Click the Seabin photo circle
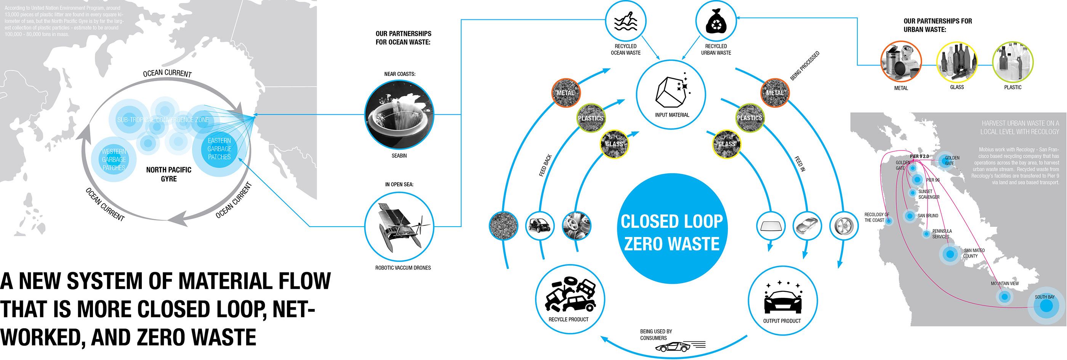399,115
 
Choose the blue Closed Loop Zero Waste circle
672,229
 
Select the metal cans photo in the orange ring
901,61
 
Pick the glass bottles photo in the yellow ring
957,62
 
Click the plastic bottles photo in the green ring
1013,62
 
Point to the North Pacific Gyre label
168,174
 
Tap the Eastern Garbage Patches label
219,149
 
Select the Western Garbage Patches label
114,160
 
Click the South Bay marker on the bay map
1046,306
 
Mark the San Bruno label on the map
928,216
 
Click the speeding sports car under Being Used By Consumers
673,347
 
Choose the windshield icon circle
771,226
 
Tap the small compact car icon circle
540,226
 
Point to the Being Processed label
804,66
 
